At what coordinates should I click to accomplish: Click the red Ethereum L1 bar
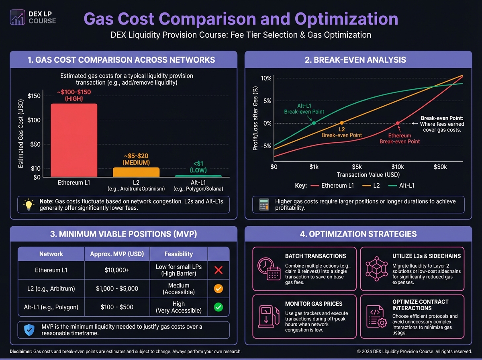(x=74, y=140)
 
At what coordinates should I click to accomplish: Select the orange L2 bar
(x=136, y=172)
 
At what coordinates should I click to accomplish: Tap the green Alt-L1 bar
(x=198, y=176)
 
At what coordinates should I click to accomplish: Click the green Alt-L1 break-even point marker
(x=314, y=123)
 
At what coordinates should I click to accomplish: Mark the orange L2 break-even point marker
(x=341, y=123)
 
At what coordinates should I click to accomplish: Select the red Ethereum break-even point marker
(x=398, y=123)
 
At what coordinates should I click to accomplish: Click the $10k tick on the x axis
(x=398, y=167)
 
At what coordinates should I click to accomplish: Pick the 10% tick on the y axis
(x=266, y=78)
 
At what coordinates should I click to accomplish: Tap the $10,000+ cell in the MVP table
(x=117, y=270)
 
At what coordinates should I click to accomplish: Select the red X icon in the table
(x=219, y=270)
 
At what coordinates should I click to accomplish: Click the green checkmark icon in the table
(x=219, y=307)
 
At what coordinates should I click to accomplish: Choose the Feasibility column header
(x=179, y=254)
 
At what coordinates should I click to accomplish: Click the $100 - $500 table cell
(x=117, y=307)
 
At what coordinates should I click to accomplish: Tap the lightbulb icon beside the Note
(x=29, y=205)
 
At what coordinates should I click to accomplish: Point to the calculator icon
(x=263, y=205)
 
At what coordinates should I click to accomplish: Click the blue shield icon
(x=29, y=330)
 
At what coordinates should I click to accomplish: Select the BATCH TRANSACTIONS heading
(x=315, y=256)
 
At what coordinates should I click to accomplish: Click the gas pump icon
(x=267, y=316)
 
